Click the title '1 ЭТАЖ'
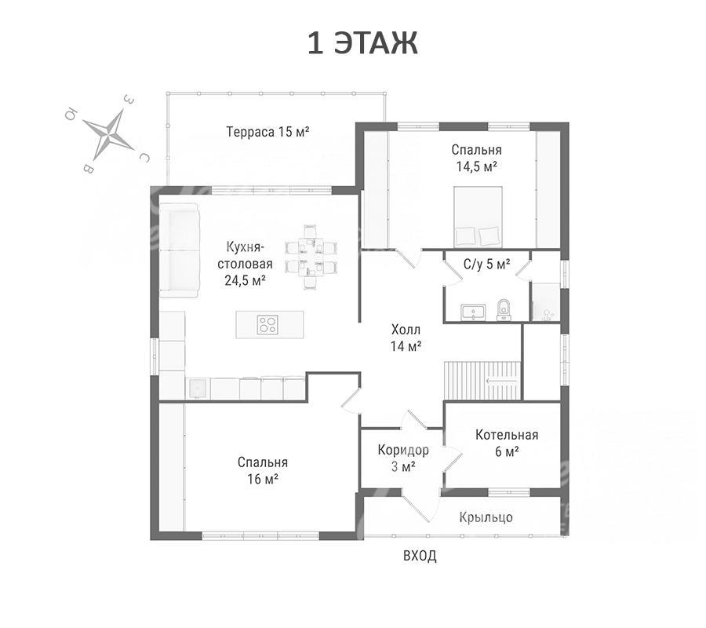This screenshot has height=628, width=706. [363, 43]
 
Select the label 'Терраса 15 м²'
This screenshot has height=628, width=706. [267, 132]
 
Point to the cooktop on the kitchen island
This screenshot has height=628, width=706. [267, 324]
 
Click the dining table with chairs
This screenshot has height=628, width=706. [311, 257]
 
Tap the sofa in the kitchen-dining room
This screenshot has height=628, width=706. [179, 250]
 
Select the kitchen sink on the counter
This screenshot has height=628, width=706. [198, 389]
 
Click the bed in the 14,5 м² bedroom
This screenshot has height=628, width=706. [478, 217]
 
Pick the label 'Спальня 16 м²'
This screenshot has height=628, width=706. [263, 470]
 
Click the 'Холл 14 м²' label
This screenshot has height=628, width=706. [406, 338]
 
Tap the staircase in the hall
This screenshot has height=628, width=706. [482, 380]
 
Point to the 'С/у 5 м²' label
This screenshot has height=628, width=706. [486, 265]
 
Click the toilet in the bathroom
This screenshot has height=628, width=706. [504, 310]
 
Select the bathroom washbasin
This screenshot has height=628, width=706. [473, 312]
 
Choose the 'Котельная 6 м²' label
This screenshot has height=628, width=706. [507, 443]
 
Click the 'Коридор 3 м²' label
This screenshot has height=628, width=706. [403, 458]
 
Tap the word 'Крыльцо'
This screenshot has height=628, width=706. [486, 517]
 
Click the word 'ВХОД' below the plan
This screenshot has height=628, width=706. [420, 556]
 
